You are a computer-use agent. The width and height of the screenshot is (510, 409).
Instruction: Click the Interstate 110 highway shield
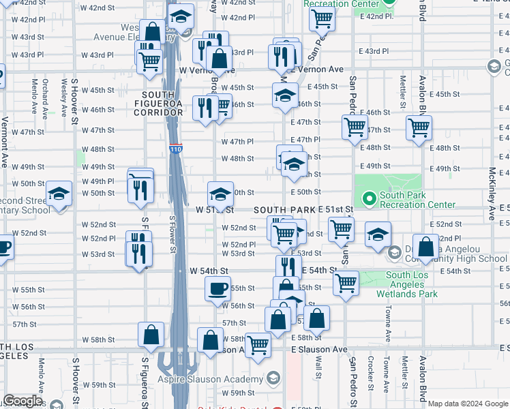click(x=175, y=149)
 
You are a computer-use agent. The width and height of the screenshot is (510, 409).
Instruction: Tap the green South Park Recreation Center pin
click(x=370, y=199)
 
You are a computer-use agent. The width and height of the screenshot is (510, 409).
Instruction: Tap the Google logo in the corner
click(x=22, y=401)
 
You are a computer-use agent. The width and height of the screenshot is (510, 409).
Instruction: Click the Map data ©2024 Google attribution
click(x=468, y=404)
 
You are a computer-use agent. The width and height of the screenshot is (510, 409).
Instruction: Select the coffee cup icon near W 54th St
click(x=217, y=289)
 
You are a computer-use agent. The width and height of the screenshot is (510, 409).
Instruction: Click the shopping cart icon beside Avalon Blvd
click(x=419, y=127)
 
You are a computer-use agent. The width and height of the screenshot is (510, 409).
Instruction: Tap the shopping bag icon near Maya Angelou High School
click(x=425, y=248)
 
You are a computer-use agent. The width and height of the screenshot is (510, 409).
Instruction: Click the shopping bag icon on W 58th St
click(x=151, y=334)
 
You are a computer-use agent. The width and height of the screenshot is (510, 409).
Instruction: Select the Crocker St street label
click(x=370, y=374)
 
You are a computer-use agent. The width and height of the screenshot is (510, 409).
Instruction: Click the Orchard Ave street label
click(x=46, y=95)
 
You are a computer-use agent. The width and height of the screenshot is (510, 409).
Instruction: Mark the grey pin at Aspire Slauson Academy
click(x=273, y=379)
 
